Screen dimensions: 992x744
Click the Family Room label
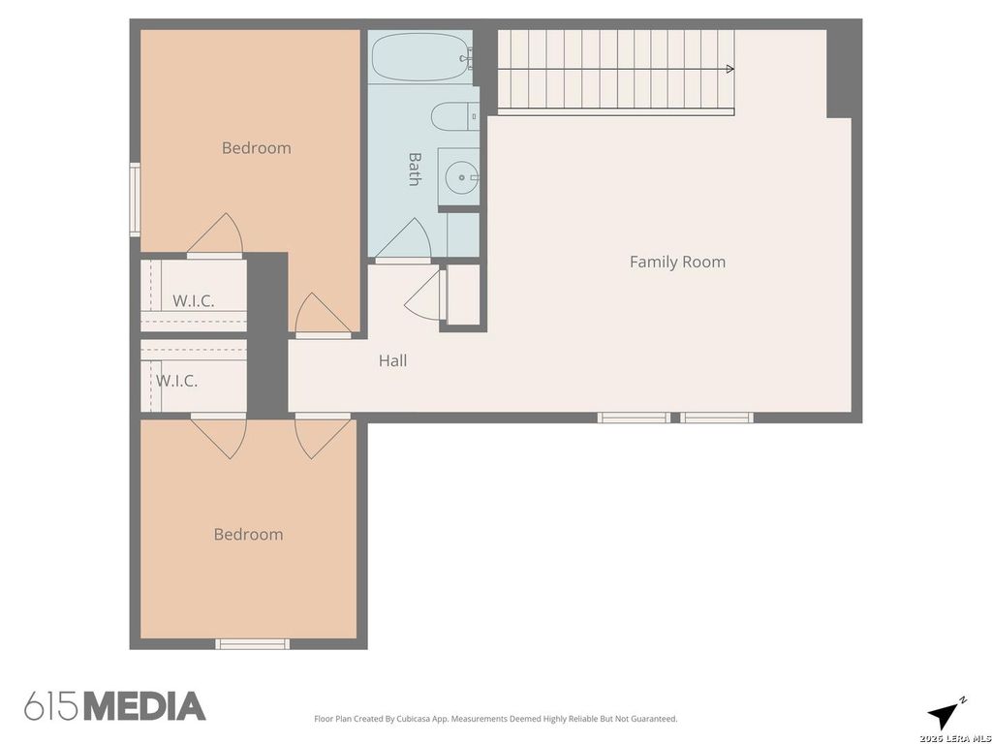677,262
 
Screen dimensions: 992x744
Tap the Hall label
392,360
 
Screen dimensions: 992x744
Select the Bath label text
415,169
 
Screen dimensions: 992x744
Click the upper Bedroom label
256,148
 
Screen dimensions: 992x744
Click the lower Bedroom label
248,535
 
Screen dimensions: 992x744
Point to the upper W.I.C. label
193,301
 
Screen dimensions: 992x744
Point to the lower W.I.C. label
176,381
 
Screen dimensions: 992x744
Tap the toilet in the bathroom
455,116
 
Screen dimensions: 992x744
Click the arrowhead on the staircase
730,69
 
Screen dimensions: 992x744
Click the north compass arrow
944,715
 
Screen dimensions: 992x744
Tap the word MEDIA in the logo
145,706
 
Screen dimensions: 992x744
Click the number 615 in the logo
52,706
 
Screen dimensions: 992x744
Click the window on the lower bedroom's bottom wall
253,644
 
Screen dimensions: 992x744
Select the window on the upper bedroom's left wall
135,200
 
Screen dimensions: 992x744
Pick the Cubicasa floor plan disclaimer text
495,719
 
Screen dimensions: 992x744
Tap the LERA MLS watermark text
954,738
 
